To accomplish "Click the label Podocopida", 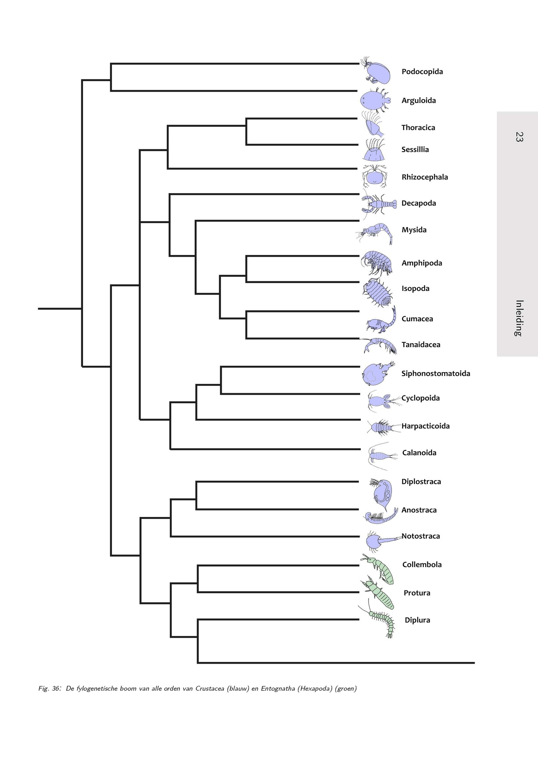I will (422, 72).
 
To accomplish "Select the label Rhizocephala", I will (425, 177).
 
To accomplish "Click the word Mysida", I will (414, 230).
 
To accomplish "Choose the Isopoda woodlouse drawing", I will (377, 292).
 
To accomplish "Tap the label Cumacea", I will (417, 319).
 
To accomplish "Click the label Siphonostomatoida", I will (436, 374).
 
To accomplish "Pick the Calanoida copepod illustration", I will (380, 455).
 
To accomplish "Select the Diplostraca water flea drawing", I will (382, 493).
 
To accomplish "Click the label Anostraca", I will (419, 510).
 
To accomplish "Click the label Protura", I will (417, 593).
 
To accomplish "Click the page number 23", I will (519, 137).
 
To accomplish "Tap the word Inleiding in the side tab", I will (519, 318).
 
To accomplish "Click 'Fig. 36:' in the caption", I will (50, 689).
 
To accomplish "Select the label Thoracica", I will (418, 127).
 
